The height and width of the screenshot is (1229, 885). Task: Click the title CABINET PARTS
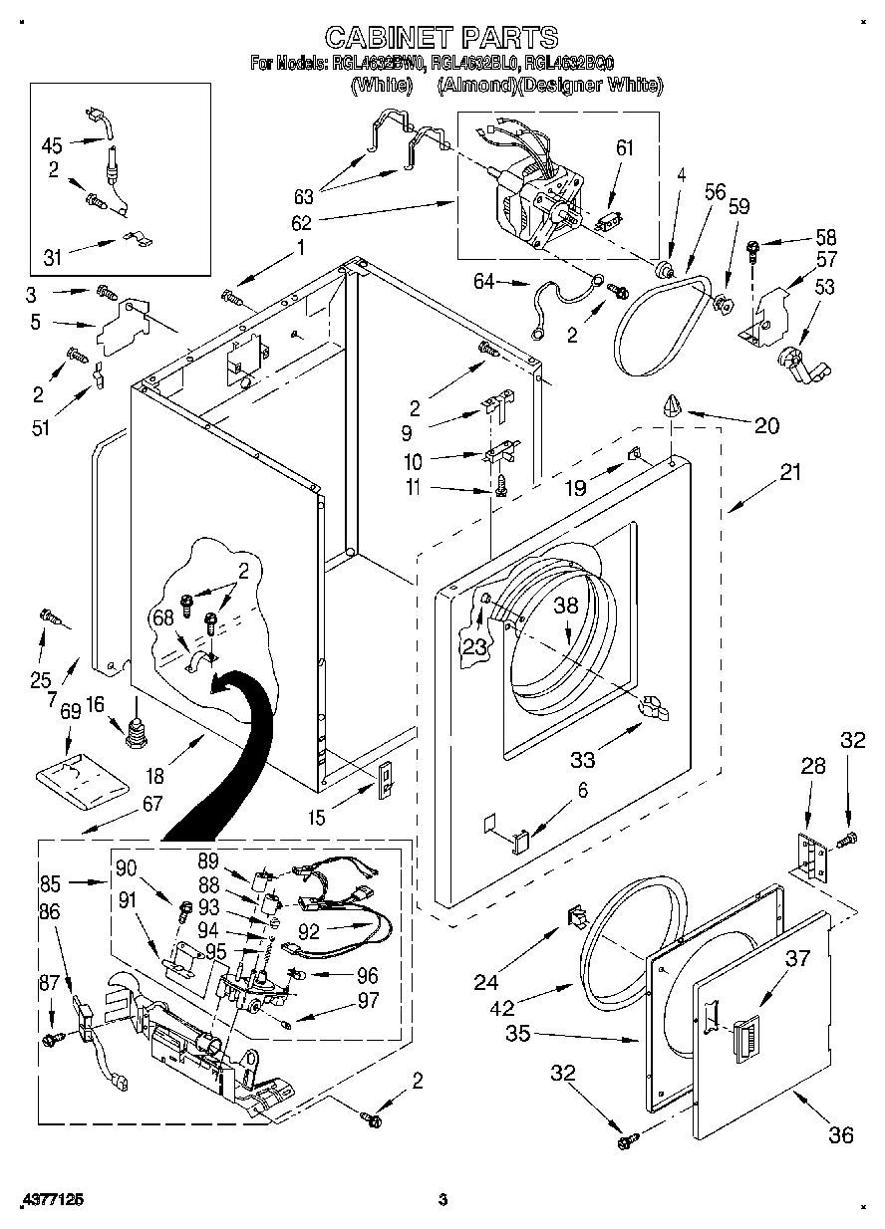(442, 38)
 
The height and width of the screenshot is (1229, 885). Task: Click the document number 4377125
(50, 1200)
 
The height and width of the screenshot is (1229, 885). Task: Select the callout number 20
(765, 425)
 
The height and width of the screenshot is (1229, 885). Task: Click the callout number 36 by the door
(840, 1134)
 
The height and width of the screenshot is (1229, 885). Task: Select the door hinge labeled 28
(811, 857)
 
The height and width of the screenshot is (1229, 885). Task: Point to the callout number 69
(70, 712)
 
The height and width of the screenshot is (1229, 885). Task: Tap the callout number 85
(51, 881)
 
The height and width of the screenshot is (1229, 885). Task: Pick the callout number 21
(789, 473)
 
